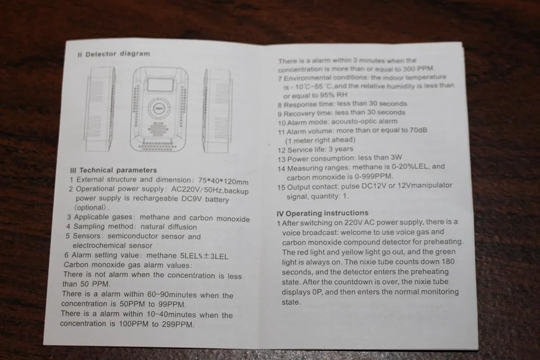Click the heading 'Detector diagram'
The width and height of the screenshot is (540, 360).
pyautogui.click(x=118, y=54)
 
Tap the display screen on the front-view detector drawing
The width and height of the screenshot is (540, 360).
pyautogui.click(x=161, y=85)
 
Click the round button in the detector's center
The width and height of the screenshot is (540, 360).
pyautogui.click(x=159, y=108)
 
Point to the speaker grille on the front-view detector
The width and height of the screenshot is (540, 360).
pyautogui.click(x=158, y=129)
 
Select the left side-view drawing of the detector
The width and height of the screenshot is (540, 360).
pyautogui.click(x=99, y=109)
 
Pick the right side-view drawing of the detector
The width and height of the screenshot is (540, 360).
pyautogui.click(x=218, y=111)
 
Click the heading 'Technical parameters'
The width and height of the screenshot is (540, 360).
pyautogui.click(x=118, y=170)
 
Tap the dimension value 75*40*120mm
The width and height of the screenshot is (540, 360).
pyautogui.click(x=223, y=181)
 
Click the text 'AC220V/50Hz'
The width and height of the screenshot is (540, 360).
pyautogui.click(x=197, y=189)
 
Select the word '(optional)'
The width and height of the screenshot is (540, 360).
pyautogui.click(x=90, y=207)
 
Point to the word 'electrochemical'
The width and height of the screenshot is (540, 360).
pyautogui.click(x=99, y=245)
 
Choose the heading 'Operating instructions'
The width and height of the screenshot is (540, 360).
pyautogui.click(x=327, y=213)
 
